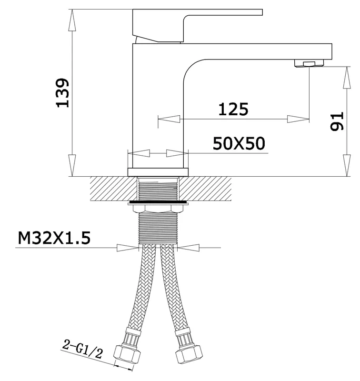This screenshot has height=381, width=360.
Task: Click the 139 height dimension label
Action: [x=63, y=93]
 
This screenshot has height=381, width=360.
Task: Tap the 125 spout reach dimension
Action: [x=233, y=109]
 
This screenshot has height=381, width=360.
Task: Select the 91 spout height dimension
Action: [x=337, y=121]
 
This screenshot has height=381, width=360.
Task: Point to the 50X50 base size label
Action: [x=239, y=143]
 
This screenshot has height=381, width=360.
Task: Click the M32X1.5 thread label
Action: [x=54, y=238]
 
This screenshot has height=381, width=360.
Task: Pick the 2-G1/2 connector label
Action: [x=82, y=349]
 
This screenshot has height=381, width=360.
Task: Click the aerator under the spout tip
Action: [x=309, y=63]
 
